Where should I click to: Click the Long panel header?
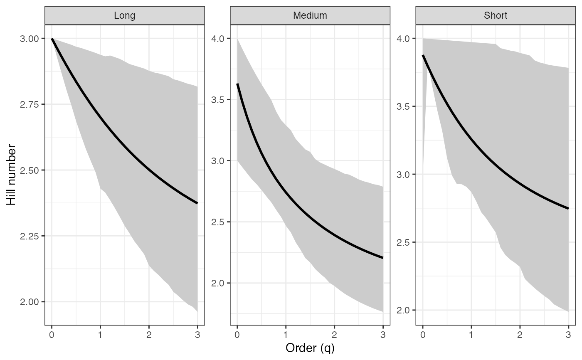[124, 16]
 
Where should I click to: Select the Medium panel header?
[310, 16]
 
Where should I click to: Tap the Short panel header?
[496, 16]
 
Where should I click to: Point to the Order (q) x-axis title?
[310, 348]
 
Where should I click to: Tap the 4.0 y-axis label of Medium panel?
[218, 39]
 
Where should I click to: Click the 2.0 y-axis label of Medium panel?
[218, 283]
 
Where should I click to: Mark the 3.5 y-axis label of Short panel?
[404, 106]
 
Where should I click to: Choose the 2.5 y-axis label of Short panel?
[404, 242]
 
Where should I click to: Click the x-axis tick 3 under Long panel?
[197, 334]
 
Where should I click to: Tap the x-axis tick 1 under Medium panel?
[286, 334]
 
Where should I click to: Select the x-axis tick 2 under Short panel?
[520, 334]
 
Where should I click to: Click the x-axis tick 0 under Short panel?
[423, 334]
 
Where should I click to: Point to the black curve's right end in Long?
[197, 203]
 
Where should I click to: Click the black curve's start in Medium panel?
[237, 84]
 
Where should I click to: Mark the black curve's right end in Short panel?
[568, 208]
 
